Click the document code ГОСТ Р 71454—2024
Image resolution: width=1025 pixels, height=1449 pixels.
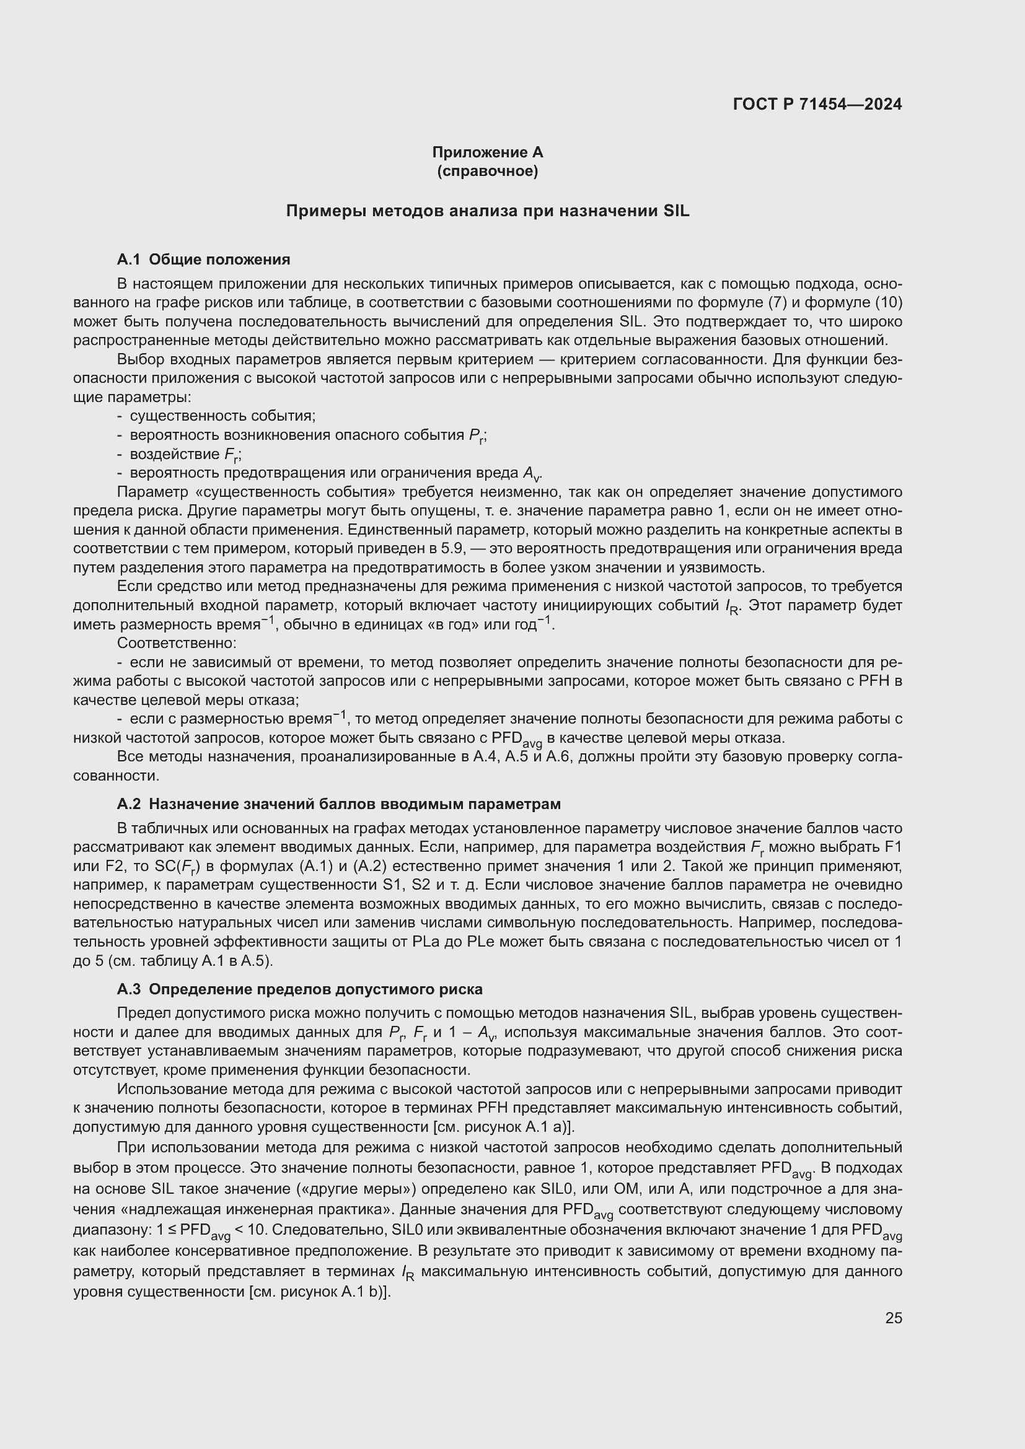click(817, 105)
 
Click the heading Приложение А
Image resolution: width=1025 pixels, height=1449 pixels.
click(487, 152)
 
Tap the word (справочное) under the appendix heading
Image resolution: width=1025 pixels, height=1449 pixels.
click(487, 171)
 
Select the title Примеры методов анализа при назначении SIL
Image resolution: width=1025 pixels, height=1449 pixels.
click(487, 211)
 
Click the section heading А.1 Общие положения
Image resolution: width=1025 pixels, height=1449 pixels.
click(203, 260)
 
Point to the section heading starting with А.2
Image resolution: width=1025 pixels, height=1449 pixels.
click(338, 804)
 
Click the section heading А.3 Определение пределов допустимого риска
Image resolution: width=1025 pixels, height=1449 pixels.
click(299, 989)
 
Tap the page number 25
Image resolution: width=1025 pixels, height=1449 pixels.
click(893, 1318)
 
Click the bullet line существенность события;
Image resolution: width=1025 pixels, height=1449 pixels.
click(222, 416)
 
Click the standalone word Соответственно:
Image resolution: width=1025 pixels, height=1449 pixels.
click(177, 643)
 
